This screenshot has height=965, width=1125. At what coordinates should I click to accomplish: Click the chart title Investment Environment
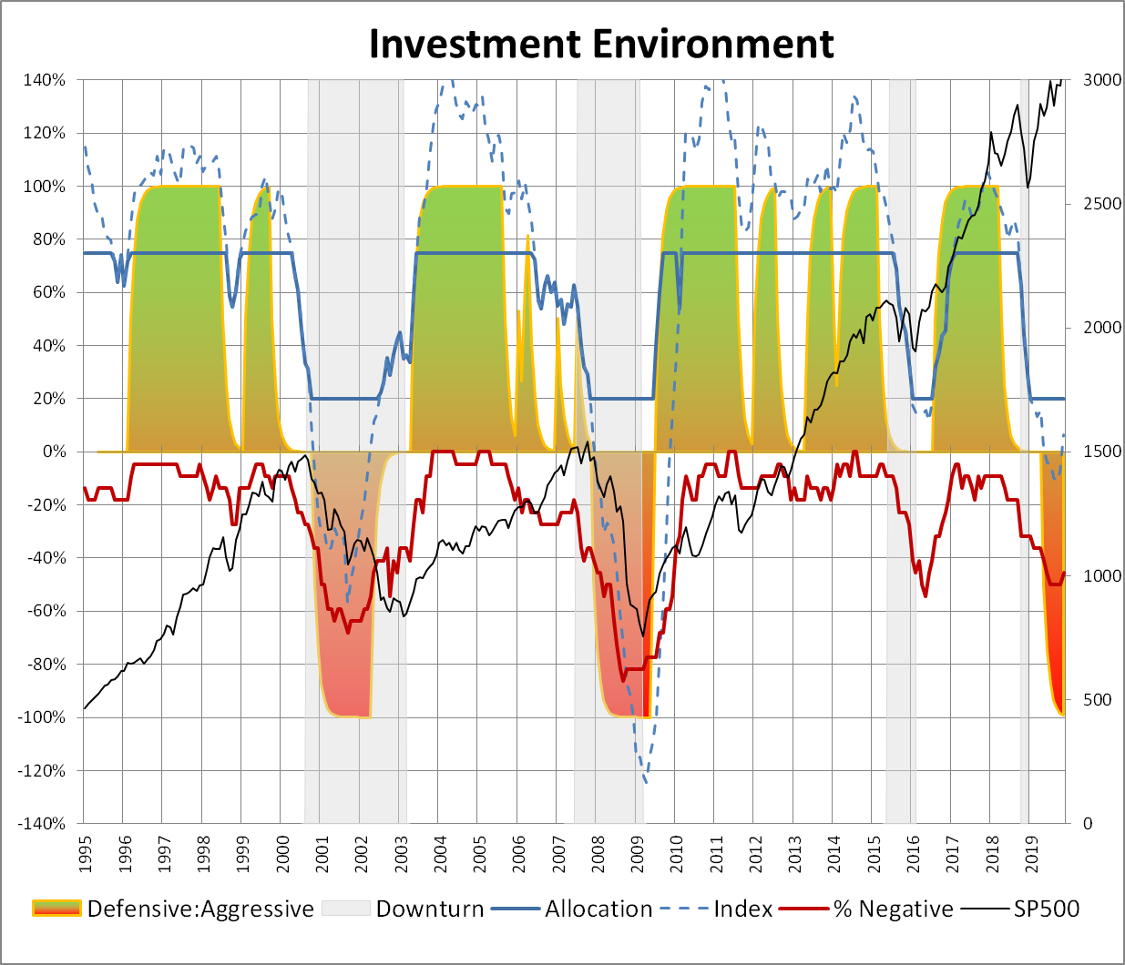click(601, 44)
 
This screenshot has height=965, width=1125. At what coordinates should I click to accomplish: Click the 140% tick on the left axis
click(45, 80)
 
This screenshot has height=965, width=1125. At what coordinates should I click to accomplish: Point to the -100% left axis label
click(41, 717)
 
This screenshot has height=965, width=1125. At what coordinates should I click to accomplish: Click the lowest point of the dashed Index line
click(646, 782)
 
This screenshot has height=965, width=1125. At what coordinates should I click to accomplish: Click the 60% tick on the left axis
click(48, 292)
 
